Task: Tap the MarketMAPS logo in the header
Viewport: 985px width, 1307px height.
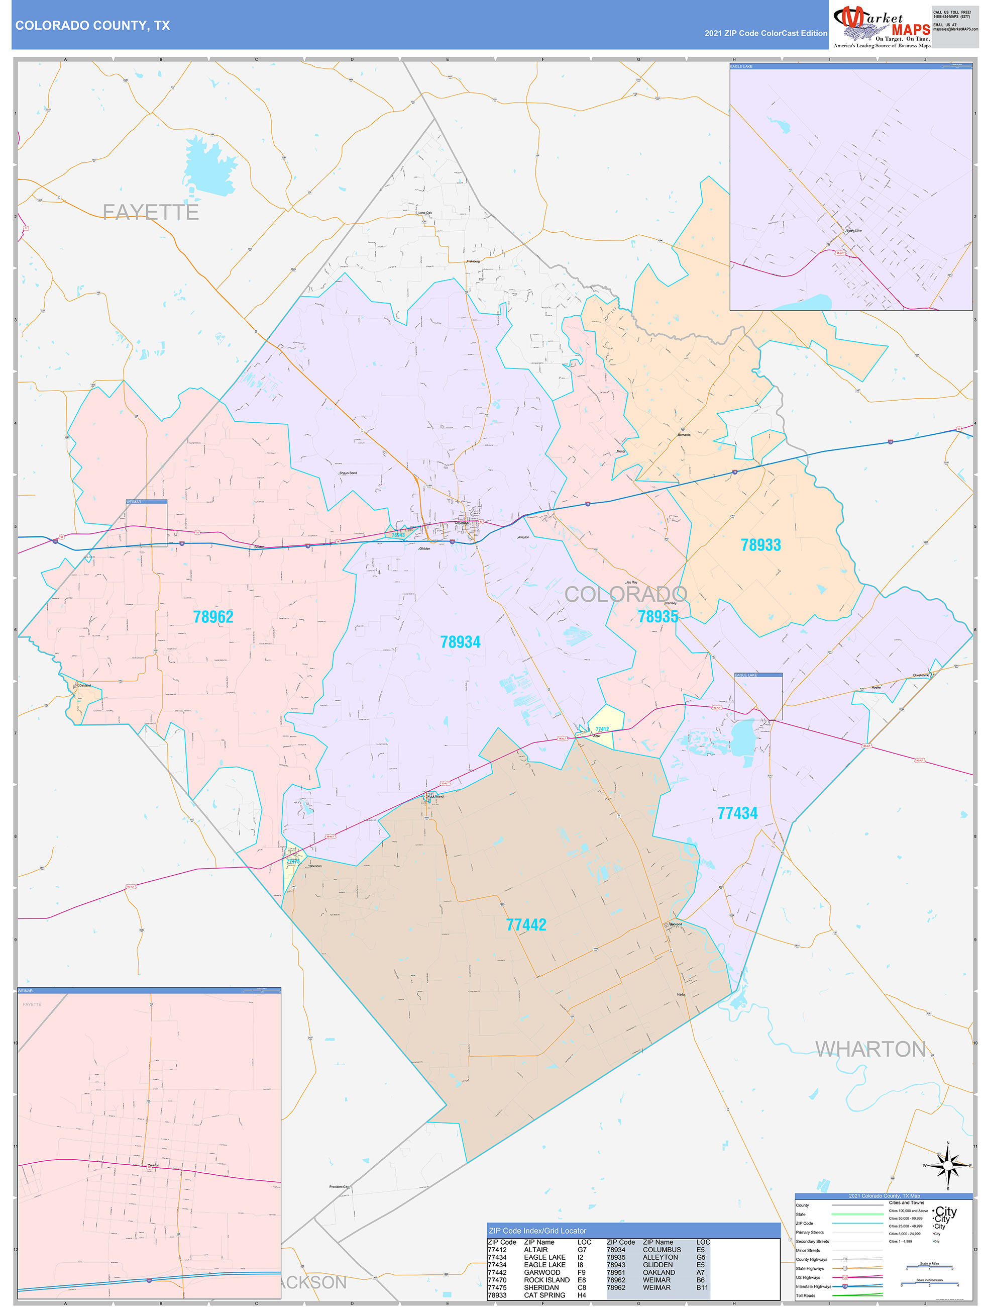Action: (881, 27)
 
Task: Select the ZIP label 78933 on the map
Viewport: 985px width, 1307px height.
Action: (760, 545)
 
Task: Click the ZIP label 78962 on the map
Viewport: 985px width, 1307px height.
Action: (213, 617)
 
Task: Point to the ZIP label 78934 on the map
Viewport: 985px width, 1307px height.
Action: (460, 642)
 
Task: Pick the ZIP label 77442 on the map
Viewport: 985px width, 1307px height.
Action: (526, 925)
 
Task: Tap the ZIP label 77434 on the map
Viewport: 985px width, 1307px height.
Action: (737, 813)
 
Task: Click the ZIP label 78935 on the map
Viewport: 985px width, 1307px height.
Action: (658, 617)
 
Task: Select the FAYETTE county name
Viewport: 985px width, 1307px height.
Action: (151, 212)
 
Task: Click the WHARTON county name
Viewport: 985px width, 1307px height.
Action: (870, 1050)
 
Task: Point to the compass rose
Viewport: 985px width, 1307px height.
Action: (948, 1166)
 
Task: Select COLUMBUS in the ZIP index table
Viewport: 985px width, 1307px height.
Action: (662, 1250)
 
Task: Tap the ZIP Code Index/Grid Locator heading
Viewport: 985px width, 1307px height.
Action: (537, 1231)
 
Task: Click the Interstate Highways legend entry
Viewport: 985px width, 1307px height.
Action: (813, 1286)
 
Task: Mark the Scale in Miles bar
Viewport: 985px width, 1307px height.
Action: (929, 1267)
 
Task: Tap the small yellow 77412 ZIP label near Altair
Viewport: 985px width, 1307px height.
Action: (602, 729)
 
